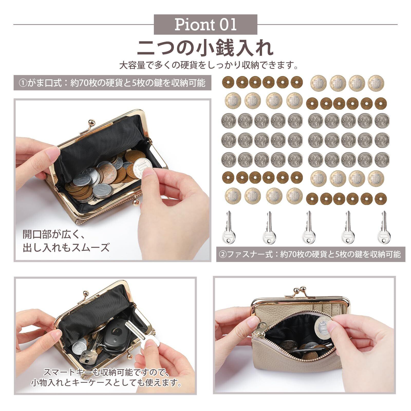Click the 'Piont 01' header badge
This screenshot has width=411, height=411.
point(206,24)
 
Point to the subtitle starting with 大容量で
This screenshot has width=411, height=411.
point(209,66)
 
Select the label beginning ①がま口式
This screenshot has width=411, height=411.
point(113,83)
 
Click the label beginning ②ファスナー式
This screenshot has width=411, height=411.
point(311,254)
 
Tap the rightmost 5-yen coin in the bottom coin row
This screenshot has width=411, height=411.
point(380,198)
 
